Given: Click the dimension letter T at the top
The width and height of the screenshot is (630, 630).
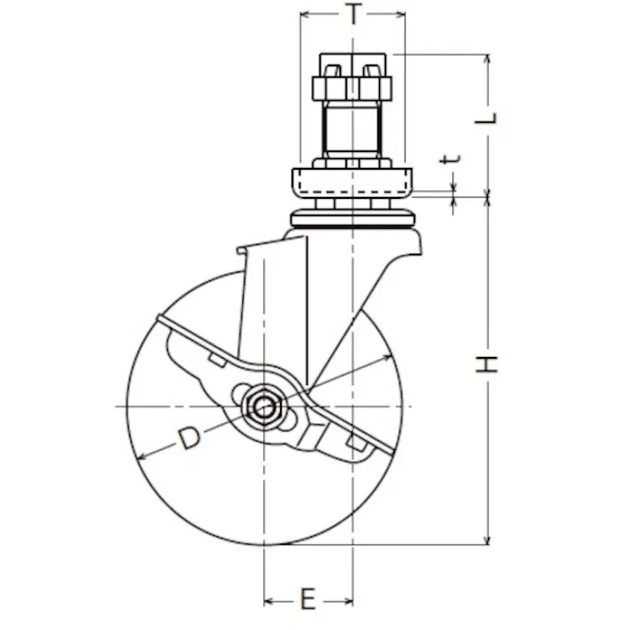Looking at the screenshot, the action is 353,14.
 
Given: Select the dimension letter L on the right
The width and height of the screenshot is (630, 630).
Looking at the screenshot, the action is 486,118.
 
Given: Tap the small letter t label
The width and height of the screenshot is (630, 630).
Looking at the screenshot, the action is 450,159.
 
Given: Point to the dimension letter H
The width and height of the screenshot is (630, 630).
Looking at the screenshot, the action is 487,365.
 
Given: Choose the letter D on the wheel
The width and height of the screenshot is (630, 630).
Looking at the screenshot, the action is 189,438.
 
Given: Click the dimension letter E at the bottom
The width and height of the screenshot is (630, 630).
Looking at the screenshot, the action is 308,599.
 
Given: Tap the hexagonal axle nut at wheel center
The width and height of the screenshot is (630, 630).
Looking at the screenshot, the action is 263,406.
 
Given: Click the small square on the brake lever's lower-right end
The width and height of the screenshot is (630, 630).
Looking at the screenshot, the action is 355,443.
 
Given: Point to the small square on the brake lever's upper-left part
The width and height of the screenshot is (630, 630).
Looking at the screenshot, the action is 217,360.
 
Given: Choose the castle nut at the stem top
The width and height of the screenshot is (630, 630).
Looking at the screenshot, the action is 353,77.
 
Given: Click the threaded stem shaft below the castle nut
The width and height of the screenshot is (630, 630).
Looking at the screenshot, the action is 352,129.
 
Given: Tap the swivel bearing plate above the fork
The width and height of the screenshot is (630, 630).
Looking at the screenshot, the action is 353,219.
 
